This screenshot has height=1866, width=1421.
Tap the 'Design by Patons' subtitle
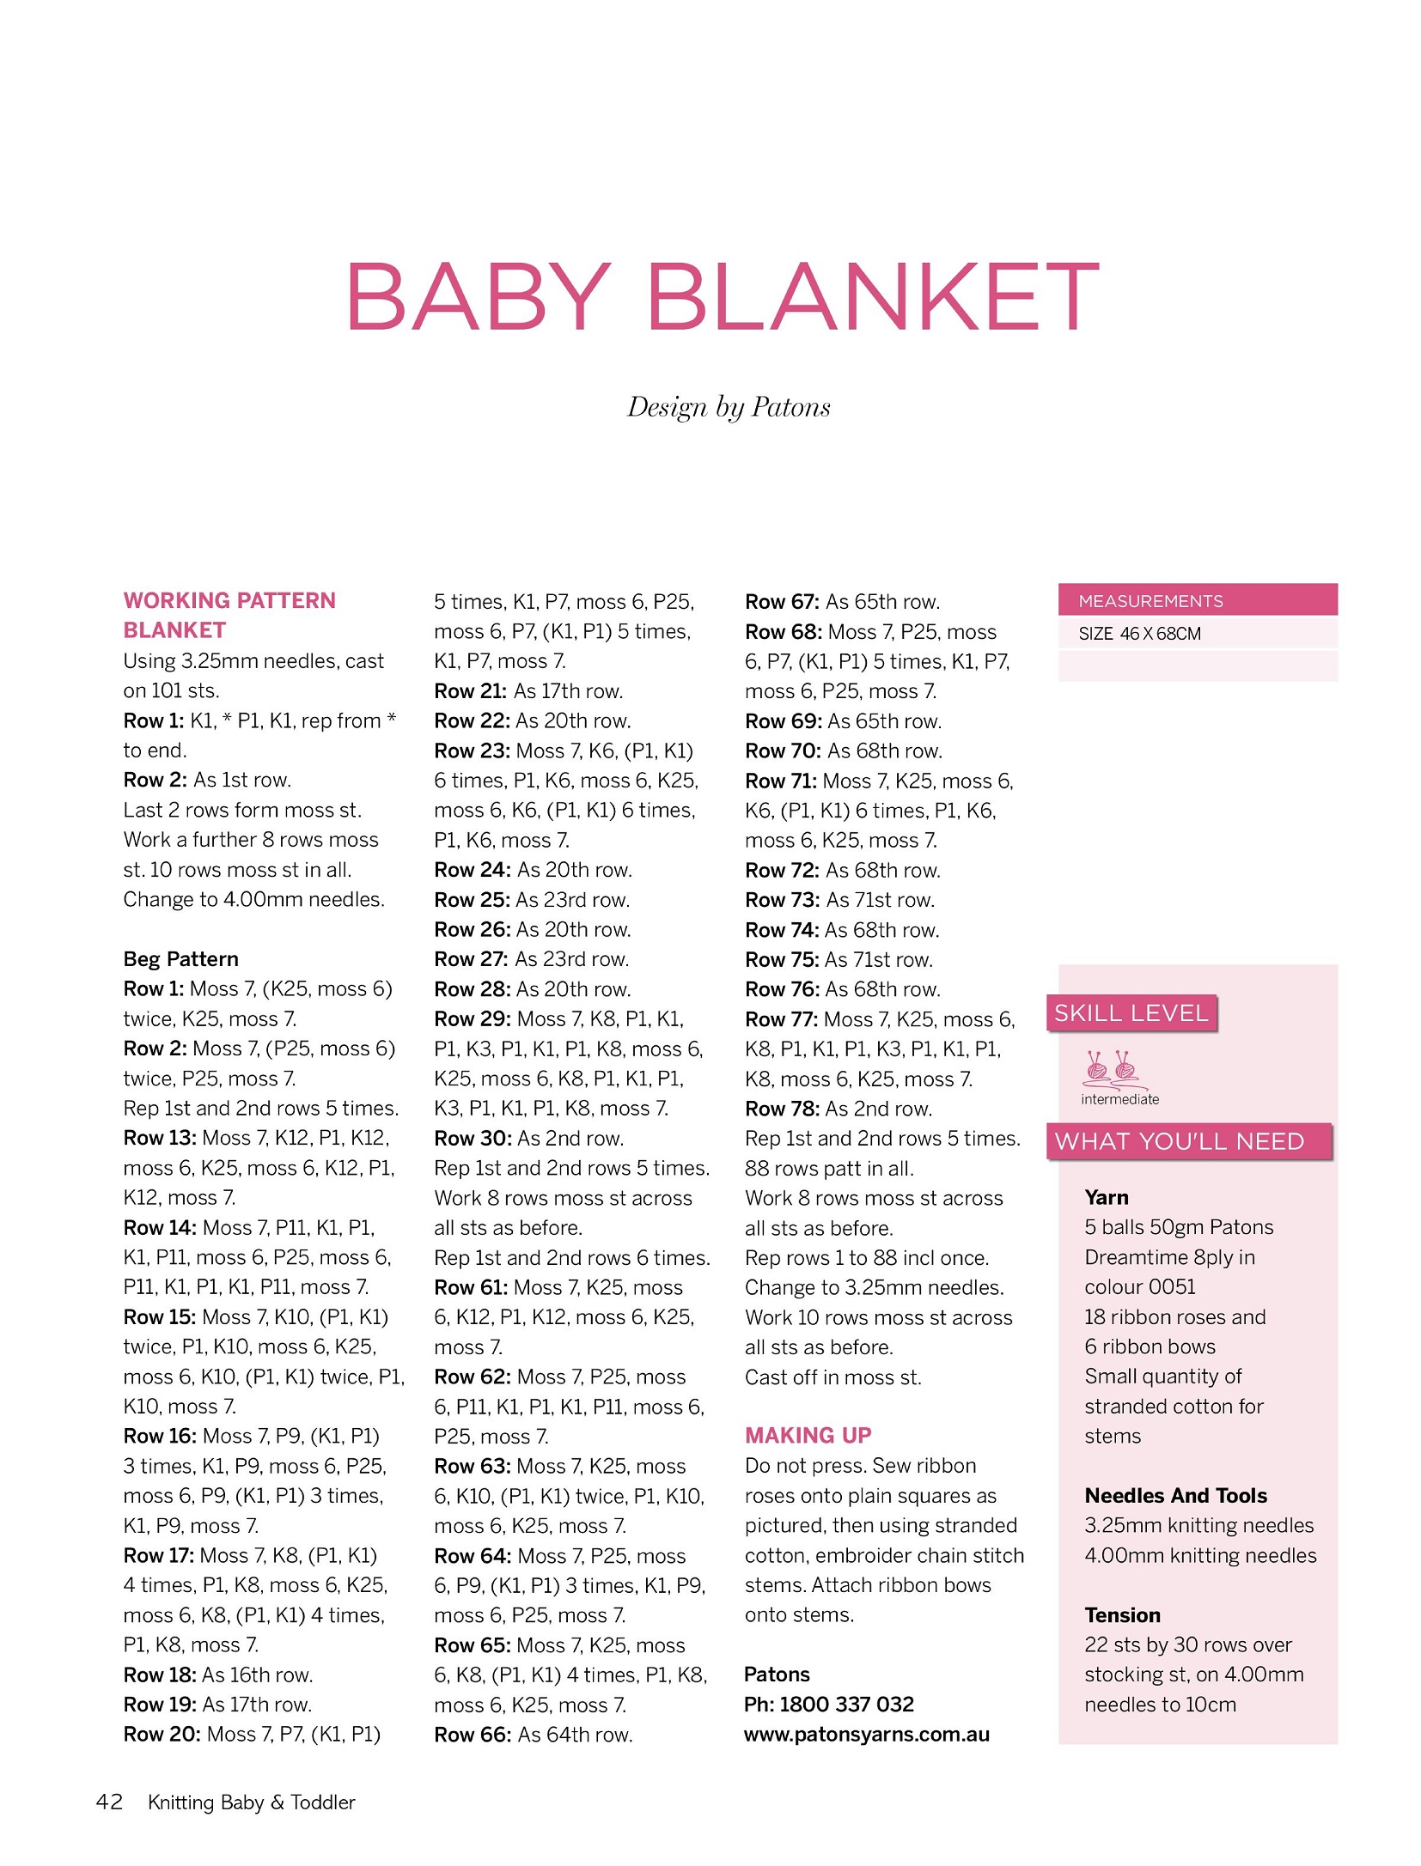pyautogui.click(x=729, y=407)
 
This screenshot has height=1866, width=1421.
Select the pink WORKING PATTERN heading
pyautogui.click(x=229, y=600)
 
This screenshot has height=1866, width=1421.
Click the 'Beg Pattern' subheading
pyautogui.click(x=180, y=959)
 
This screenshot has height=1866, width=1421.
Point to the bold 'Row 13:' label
pyautogui.click(x=160, y=1138)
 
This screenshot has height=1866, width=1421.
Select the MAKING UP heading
pyautogui.click(x=808, y=1435)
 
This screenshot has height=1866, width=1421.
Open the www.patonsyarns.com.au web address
pyautogui.click(x=866, y=1734)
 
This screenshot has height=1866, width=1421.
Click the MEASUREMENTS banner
pyautogui.click(x=1197, y=600)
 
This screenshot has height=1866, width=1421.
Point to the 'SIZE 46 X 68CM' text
pyautogui.click(x=1139, y=634)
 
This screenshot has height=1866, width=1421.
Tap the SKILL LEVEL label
pyautogui.click(x=1131, y=1013)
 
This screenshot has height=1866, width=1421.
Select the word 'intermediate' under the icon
pyautogui.click(x=1119, y=1099)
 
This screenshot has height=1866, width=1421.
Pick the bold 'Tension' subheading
pyautogui.click(x=1122, y=1614)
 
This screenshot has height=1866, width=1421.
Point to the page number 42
pyautogui.click(x=109, y=1801)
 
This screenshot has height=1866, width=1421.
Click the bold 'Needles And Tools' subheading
pyautogui.click(x=1175, y=1495)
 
